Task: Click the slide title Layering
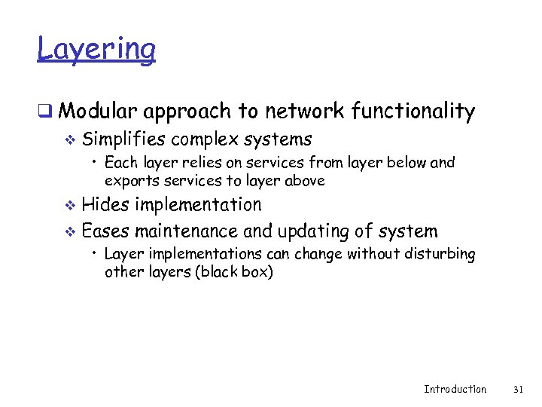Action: click(96, 49)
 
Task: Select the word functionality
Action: click(413, 112)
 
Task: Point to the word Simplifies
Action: click(125, 139)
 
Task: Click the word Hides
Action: click(105, 204)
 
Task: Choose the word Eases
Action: click(106, 231)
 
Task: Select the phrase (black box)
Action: click(234, 271)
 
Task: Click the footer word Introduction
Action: click(455, 389)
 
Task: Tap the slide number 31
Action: click(517, 389)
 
